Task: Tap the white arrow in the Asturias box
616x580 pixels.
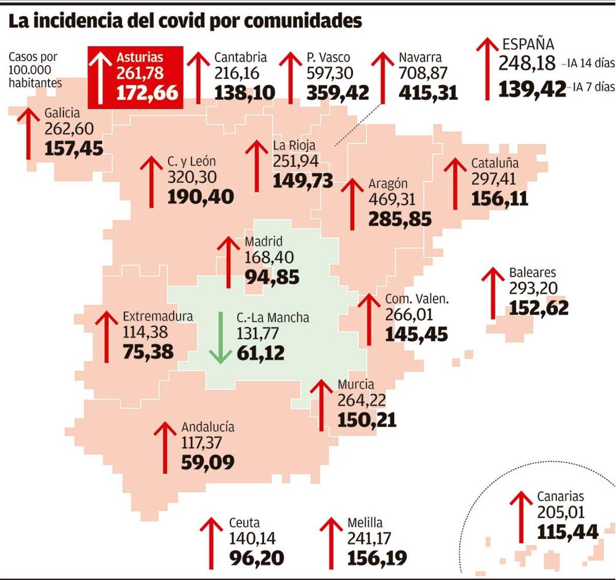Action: [x=101, y=77]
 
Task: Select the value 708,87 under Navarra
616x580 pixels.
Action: [x=423, y=73]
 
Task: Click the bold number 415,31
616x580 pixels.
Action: [x=428, y=93]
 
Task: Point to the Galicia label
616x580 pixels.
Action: [x=62, y=113]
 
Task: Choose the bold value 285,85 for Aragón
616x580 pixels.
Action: [x=400, y=219]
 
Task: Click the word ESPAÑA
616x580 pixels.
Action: [x=528, y=44]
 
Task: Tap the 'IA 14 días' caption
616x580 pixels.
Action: [x=590, y=64]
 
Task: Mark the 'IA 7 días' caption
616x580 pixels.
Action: [x=593, y=87]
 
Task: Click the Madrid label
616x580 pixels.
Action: [x=263, y=241]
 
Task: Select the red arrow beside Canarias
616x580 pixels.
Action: [x=522, y=516]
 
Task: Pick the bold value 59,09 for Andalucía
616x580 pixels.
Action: [x=207, y=462]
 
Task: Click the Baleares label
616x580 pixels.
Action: [x=532, y=273]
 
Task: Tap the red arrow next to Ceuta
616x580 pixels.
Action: [x=211, y=543]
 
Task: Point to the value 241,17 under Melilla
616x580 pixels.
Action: [x=369, y=538]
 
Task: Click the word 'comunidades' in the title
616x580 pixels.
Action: [x=302, y=21]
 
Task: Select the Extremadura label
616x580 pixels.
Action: [x=158, y=316]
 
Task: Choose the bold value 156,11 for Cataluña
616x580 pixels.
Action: [x=499, y=199]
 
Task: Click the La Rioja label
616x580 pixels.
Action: [x=294, y=145]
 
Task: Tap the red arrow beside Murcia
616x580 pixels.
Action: [x=322, y=405]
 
